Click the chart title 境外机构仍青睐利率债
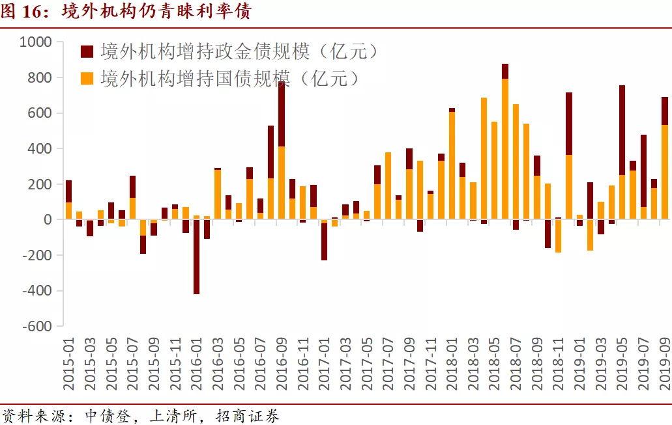[x=156, y=12]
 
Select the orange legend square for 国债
[x=87, y=79]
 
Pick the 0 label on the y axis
[x=47, y=220]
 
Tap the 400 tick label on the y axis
[x=40, y=149]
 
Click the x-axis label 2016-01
[x=196, y=364]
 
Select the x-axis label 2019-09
[x=665, y=364]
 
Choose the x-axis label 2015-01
[x=68, y=364]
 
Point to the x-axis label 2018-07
[x=516, y=364]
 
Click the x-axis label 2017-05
[x=367, y=364]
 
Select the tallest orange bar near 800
[x=505, y=150]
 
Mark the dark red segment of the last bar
[x=665, y=111]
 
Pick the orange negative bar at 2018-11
[x=558, y=236]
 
